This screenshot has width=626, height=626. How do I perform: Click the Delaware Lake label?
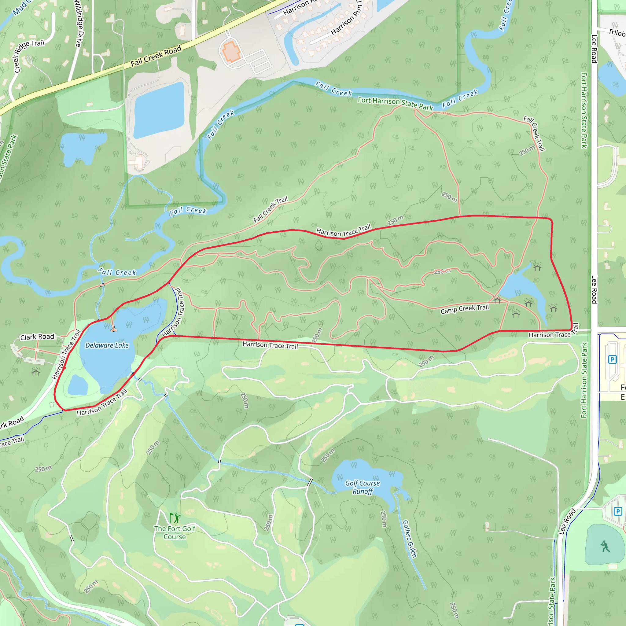[107, 345]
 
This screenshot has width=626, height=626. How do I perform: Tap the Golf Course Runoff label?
[362, 487]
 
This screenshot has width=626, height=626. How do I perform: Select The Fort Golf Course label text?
[175, 532]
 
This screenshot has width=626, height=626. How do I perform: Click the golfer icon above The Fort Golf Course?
[175, 518]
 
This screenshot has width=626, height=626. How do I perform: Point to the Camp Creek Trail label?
[464, 309]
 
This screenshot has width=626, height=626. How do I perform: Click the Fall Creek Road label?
[156, 56]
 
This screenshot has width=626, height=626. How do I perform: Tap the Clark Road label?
[37, 337]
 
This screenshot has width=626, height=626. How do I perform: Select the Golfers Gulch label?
[409, 539]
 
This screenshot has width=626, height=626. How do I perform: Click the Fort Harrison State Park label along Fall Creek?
[395, 104]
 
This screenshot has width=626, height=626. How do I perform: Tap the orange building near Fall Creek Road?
[231, 51]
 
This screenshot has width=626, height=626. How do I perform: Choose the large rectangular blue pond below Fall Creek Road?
[159, 110]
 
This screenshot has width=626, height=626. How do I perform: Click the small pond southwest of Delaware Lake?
[78, 385]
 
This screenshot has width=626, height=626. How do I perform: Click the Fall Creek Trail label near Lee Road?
[535, 134]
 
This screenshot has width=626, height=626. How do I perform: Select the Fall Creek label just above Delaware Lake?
[117, 272]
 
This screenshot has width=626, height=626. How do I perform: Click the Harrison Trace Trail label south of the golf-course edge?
[270, 345]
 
